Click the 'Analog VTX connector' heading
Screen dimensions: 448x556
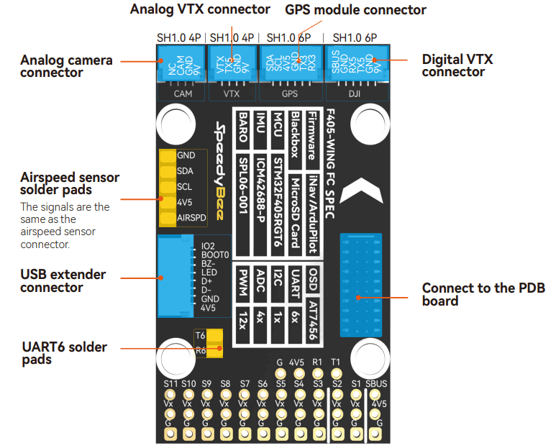[x=200, y=9]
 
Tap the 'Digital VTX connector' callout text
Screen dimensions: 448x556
[x=457, y=65]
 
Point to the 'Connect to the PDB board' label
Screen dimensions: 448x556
[x=483, y=294]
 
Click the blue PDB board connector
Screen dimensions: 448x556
[x=360, y=284]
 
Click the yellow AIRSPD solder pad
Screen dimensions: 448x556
[x=167, y=216]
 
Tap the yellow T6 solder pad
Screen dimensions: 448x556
[x=214, y=336]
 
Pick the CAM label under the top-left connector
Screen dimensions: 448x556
[x=182, y=93]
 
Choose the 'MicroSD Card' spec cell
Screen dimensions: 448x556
[x=294, y=211]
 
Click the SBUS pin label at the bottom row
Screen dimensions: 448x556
[x=375, y=384]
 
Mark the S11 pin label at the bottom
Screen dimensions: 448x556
[x=170, y=384]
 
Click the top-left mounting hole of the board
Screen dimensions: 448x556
[x=174, y=120]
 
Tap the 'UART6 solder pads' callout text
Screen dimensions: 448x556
[x=65, y=352]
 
